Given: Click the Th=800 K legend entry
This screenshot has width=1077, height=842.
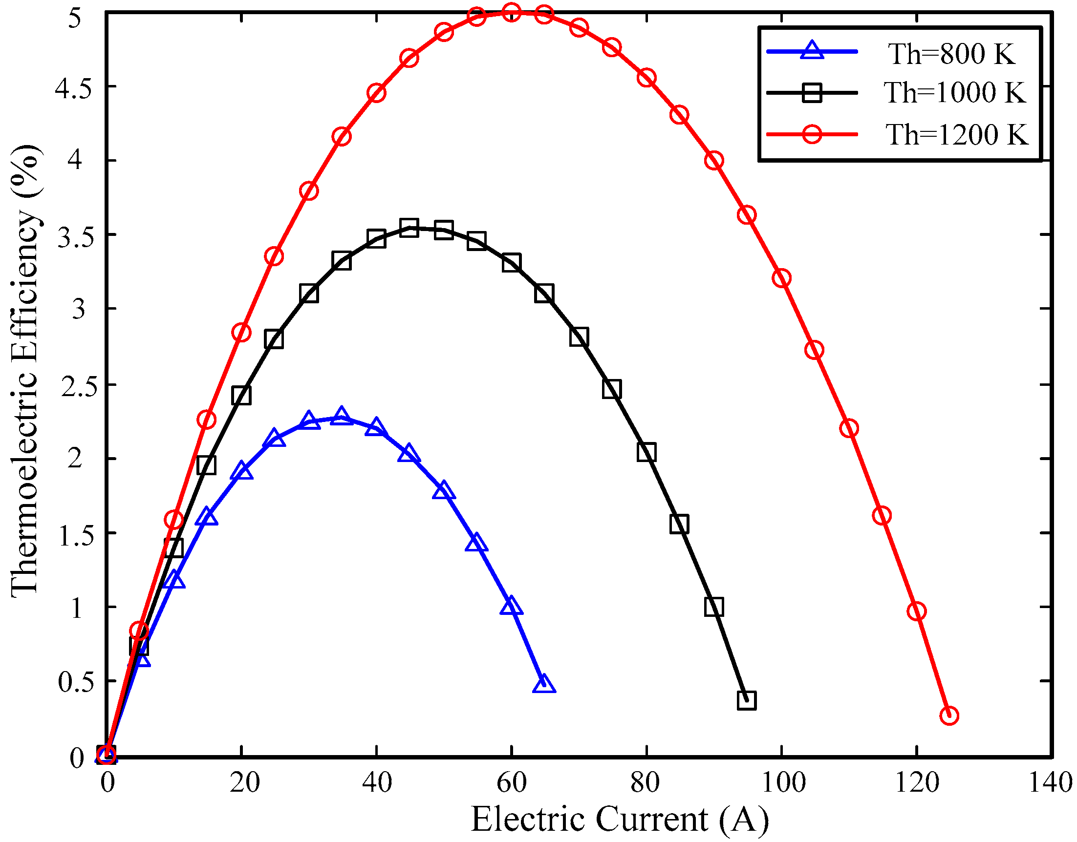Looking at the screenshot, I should [x=951, y=54].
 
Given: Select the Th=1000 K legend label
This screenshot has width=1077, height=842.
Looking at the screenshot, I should [x=955, y=93].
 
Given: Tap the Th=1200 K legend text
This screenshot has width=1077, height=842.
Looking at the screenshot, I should [x=957, y=134].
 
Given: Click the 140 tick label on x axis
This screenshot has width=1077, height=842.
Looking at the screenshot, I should [x=1051, y=782].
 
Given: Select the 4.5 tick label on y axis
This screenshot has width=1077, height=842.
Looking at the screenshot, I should [x=73, y=89].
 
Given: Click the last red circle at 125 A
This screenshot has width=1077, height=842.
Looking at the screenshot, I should [x=949, y=716].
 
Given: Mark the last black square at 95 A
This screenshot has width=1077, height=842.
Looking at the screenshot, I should [x=747, y=700].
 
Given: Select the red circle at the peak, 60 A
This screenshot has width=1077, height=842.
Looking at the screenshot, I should [x=511, y=12].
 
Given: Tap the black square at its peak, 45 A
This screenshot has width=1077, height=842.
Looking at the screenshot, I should [x=409, y=228].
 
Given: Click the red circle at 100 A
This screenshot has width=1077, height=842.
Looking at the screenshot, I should [x=782, y=278].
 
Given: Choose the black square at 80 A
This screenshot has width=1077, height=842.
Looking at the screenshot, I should [x=646, y=452].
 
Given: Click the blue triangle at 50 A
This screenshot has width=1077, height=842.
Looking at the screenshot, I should [x=443, y=491].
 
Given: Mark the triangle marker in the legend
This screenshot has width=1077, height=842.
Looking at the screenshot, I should [x=812, y=51].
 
